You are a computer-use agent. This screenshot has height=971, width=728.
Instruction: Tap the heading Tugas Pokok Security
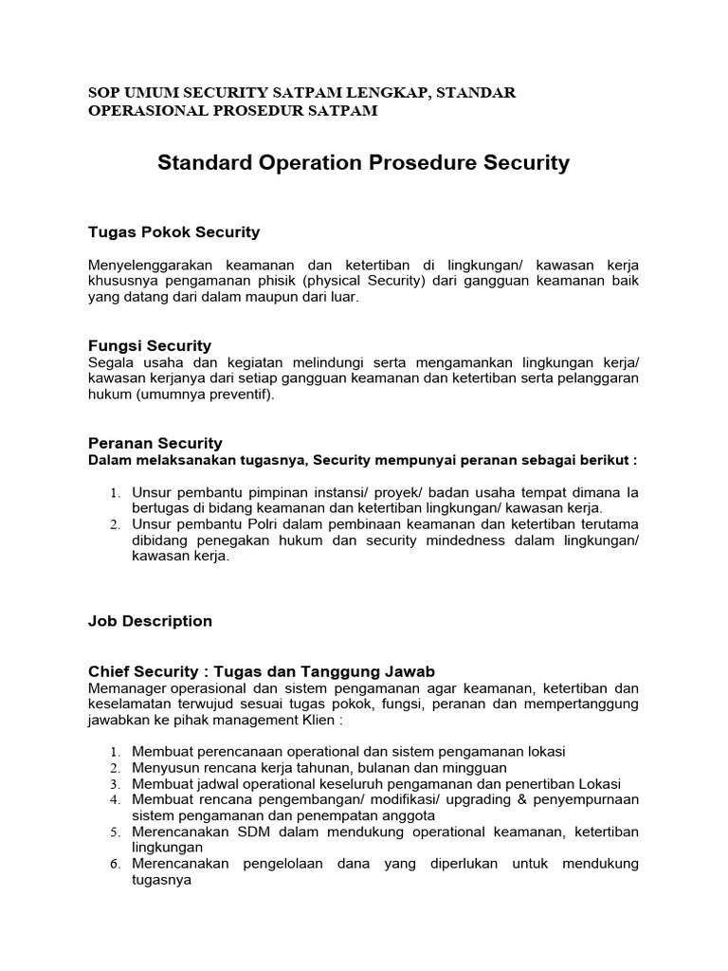[x=173, y=232]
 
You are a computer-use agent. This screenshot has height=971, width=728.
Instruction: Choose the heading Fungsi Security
[x=150, y=345]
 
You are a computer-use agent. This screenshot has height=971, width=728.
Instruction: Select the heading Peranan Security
[x=155, y=443]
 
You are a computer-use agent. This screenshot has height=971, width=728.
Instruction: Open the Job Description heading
[x=150, y=621]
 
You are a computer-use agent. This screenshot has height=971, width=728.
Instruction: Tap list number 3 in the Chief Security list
[x=114, y=784]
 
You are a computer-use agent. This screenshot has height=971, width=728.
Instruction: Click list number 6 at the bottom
[x=114, y=864]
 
